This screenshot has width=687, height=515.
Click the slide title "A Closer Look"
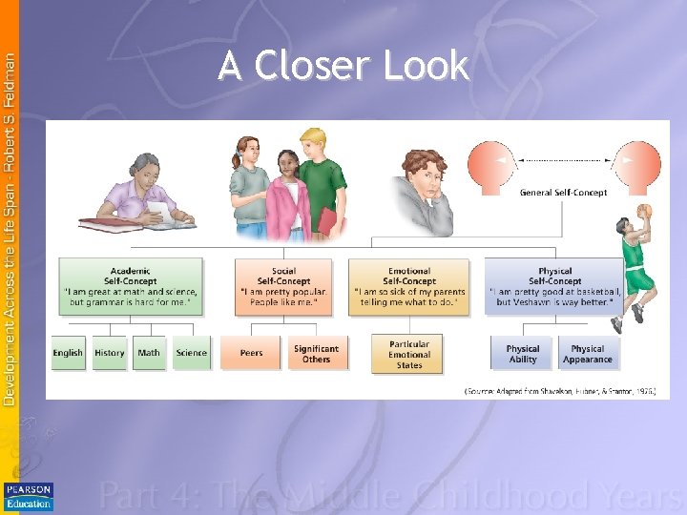343,66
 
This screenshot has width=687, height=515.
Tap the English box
68,353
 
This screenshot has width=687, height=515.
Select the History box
110,353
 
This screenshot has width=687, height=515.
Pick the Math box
149,353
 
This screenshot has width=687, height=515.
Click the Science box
191,353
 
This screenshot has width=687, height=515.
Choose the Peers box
251,353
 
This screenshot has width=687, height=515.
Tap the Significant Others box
317,353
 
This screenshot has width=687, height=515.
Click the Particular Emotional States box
409,354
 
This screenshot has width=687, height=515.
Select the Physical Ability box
522,354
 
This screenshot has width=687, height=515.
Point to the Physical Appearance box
588,354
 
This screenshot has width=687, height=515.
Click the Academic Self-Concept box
130,286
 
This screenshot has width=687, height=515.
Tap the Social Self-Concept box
283,286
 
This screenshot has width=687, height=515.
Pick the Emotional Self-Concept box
409,286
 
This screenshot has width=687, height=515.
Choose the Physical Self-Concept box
554,286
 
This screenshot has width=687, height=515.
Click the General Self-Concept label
563,193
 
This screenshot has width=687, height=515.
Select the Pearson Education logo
29,496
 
